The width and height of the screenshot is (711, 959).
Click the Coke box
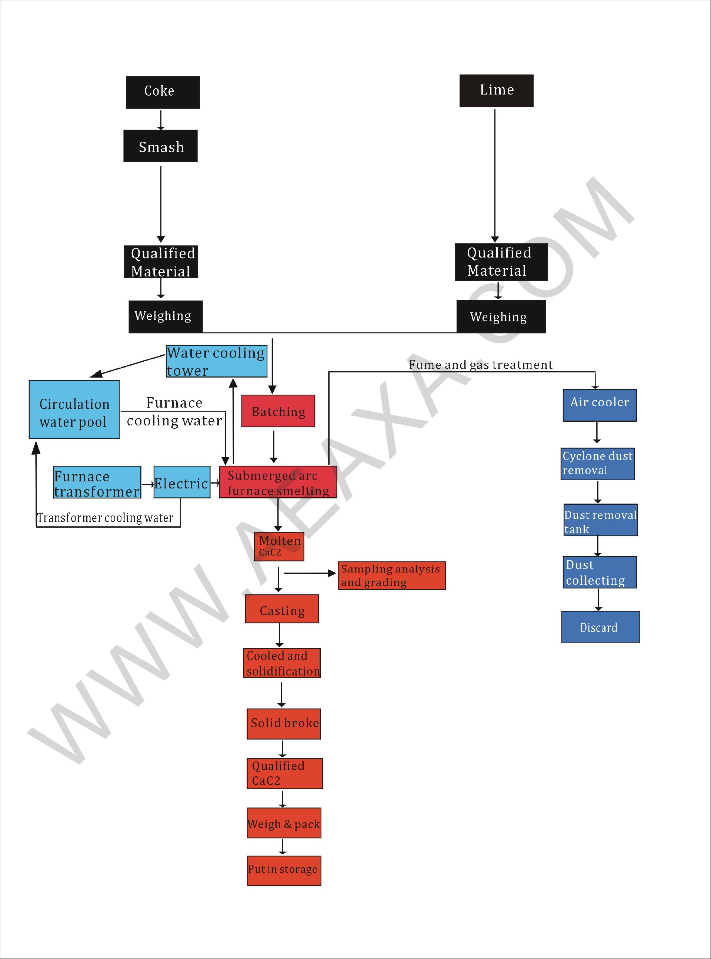[x=163, y=92]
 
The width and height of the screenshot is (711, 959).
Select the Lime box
[x=496, y=90]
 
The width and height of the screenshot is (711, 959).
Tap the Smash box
[x=161, y=146]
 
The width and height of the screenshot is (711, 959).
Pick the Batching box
[x=278, y=411]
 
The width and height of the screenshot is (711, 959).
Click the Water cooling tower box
[x=217, y=361]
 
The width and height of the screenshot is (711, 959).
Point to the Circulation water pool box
[x=74, y=409]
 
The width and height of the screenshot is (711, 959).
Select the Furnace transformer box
[x=97, y=482]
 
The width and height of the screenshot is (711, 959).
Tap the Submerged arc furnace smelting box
[x=278, y=482]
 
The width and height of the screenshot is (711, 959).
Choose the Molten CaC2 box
[x=279, y=547]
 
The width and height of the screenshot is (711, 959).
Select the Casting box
[x=282, y=609]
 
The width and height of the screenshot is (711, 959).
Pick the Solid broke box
[x=284, y=724]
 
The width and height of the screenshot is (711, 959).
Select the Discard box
[x=600, y=627]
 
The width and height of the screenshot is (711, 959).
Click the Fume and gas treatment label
[x=480, y=365]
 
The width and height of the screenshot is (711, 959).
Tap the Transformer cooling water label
[x=105, y=518]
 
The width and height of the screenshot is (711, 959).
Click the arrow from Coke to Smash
[x=161, y=119]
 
